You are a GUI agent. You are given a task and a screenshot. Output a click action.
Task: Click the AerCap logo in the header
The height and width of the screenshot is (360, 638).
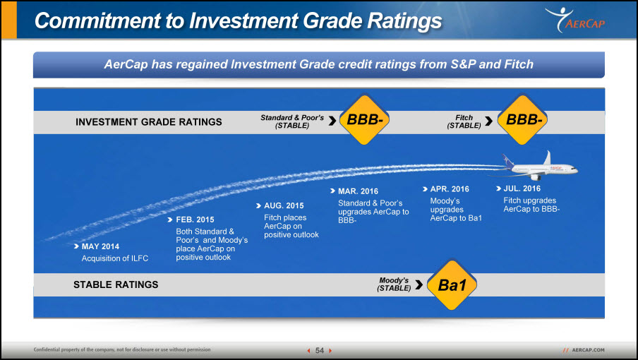tap(575, 20)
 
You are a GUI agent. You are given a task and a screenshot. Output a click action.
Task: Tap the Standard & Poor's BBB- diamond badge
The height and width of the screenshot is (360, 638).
tap(364, 119)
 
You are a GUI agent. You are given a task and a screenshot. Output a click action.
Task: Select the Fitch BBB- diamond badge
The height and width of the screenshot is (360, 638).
tap(522, 119)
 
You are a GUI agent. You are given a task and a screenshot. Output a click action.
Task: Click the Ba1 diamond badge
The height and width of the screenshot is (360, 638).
tap(452, 284)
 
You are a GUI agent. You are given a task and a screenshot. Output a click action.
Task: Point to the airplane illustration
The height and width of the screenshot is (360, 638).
tap(533, 167)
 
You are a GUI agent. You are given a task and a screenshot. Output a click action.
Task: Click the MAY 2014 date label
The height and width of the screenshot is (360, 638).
tap(100, 246)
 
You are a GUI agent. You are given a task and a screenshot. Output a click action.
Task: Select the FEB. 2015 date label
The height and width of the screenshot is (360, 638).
tap(195, 220)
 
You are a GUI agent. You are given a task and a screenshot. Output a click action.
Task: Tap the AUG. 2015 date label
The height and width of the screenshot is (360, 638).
tap(284, 206)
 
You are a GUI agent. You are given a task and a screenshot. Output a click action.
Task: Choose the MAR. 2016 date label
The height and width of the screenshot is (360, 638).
tap(358, 191)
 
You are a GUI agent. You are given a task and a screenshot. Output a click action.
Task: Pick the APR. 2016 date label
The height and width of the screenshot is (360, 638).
tap(450, 189)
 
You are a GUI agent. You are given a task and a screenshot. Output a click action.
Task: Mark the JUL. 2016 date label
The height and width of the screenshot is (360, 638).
tap(522, 188)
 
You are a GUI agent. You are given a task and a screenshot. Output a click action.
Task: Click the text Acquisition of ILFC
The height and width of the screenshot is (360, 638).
tap(115, 258)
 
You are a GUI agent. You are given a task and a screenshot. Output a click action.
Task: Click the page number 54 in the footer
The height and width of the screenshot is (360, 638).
tap(320, 350)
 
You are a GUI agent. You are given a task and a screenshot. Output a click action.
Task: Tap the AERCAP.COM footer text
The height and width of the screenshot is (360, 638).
tap(588, 350)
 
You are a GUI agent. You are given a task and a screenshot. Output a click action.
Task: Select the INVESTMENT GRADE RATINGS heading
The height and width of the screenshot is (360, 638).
tap(148, 122)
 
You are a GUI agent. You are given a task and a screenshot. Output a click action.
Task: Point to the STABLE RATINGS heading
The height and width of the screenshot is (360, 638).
tap(116, 284)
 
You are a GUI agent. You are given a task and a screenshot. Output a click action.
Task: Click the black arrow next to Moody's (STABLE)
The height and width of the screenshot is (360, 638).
tap(419, 284)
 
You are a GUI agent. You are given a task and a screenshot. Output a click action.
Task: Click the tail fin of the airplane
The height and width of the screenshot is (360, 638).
tap(547, 158)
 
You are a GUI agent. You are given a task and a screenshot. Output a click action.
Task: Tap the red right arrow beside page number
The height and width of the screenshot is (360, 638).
tap(330, 351)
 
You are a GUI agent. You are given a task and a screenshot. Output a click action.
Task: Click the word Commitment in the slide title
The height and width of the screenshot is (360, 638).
tap(97, 20)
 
